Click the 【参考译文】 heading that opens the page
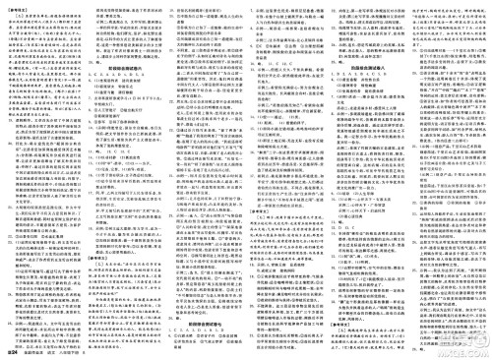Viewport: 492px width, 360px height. (21, 6)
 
